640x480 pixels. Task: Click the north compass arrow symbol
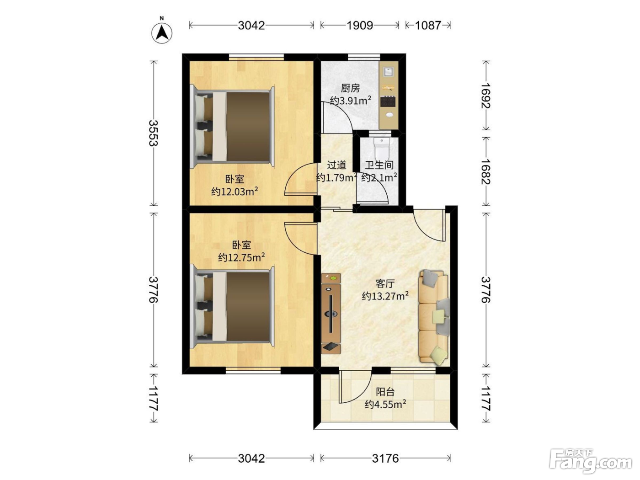coord(161,32)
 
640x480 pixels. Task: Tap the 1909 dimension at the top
coord(359,26)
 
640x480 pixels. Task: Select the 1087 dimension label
coord(428,26)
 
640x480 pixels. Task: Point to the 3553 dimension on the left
coord(154,133)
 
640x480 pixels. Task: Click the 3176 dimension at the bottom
coord(385,459)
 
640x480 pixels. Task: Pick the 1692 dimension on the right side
coord(486,96)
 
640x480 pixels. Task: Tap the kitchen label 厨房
coord(350,88)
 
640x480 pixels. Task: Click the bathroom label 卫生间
coord(379,165)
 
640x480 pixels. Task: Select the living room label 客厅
coord(385,283)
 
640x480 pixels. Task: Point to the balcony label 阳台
coord(385,392)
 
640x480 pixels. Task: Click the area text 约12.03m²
coord(235,192)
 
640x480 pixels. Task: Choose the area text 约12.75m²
coord(241,257)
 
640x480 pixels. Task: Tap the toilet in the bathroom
coord(382,148)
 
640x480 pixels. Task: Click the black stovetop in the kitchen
coord(389,101)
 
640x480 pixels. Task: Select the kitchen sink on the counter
coord(389,71)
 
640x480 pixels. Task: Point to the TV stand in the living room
coord(331,314)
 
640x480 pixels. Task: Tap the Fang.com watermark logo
coord(591,461)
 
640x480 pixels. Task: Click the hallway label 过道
coord(336,165)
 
